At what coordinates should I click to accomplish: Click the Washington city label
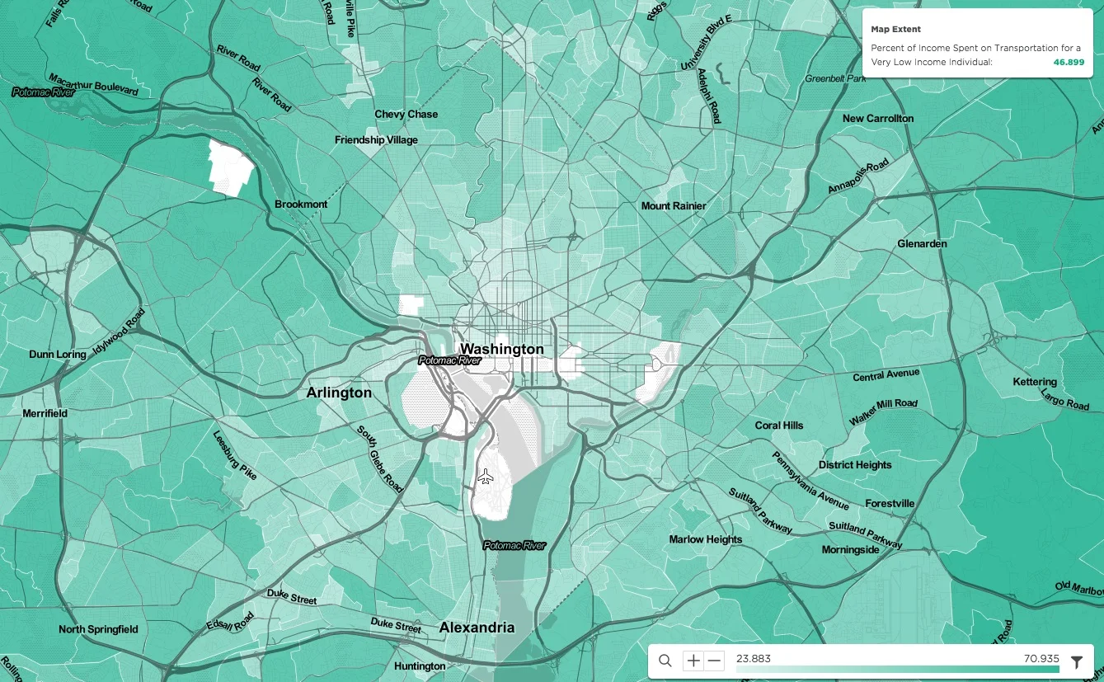pos(501,349)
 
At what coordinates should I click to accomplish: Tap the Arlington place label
pos(339,393)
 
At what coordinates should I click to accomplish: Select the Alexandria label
pos(477,628)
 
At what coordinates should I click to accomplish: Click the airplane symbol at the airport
pos(486,477)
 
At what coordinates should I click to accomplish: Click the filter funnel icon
pos(1076,661)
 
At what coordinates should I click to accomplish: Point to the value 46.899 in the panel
pos(1069,62)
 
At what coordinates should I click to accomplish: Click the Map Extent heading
pos(895,30)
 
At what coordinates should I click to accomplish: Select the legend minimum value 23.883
pos(753,658)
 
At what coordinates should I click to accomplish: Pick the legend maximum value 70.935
pos(1041,658)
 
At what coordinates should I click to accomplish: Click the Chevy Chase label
pos(406,115)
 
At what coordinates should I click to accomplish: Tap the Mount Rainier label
pos(674,205)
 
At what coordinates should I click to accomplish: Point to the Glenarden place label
pos(922,244)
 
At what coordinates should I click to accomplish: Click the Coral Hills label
pos(778,426)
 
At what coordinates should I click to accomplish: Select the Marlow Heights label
pos(705,539)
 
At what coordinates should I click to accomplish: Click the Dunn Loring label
pos(58,355)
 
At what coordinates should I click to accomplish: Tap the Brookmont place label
pos(301,205)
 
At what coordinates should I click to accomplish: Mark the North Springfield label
pos(98,629)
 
